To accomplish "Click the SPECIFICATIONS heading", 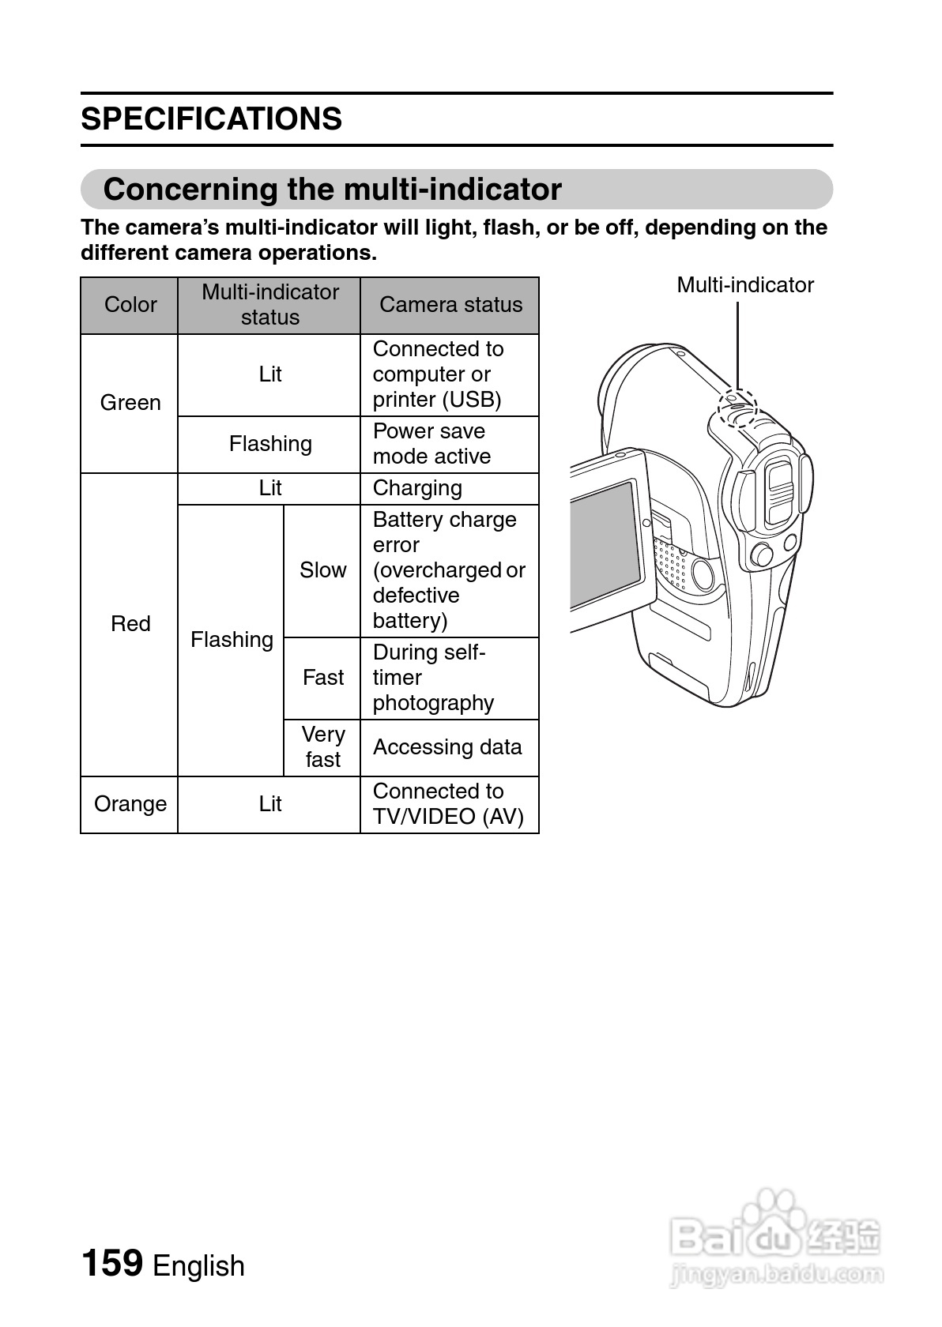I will [211, 119].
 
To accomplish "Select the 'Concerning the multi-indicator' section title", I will [332, 190].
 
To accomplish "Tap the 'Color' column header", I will [130, 305].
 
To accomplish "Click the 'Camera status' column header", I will [450, 305].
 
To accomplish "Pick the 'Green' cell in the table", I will [130, 403].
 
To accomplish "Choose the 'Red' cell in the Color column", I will [130, 624].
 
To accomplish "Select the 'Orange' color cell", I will [130, 804].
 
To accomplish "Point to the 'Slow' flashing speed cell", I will [322, 570].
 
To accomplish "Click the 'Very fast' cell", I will [322, 747].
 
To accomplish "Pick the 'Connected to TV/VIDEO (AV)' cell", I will [448, 804].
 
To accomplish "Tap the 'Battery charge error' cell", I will [448, 570].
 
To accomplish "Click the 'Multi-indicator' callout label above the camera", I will [744, 285].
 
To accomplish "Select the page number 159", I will [111, 1262].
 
